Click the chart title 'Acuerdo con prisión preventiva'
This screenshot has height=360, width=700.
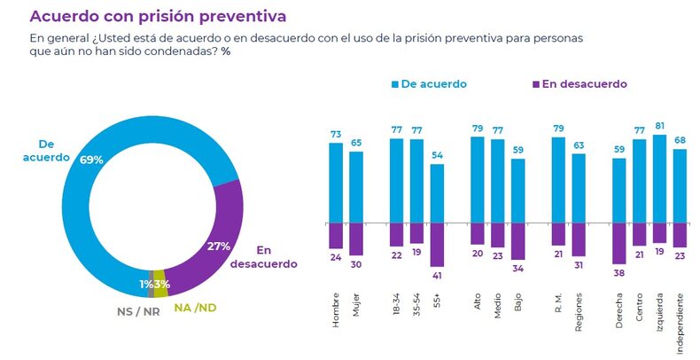pos(158,16)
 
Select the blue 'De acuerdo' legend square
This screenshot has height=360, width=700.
pos(396,84)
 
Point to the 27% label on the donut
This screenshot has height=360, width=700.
pos(217,246)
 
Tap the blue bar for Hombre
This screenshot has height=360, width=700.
pos(336,182)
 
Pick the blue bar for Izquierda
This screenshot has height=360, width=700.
pos(658,178)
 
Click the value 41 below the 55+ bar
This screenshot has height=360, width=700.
pos(437,276)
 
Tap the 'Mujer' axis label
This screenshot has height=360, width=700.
pos(356,313)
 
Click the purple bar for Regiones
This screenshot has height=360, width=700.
pos(579,239)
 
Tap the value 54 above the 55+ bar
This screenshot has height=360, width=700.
pos(437,155)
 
